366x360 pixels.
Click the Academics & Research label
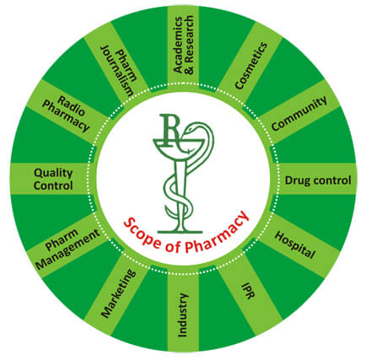click(183, 45)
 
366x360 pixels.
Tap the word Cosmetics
click(250, 66)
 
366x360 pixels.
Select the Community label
click(299, 113)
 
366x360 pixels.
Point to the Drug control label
click(318, 180)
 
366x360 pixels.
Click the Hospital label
click(294, 244)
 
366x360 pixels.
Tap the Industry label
click(183, 315)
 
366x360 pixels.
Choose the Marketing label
click(118, 293)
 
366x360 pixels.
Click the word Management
click(69, 250)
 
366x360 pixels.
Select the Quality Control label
click(53, 179)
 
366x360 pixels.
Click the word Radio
click(71, 105)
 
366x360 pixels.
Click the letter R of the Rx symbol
click(170, 130)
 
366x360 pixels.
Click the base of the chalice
click(180, 232)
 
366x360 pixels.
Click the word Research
click(190, 45)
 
